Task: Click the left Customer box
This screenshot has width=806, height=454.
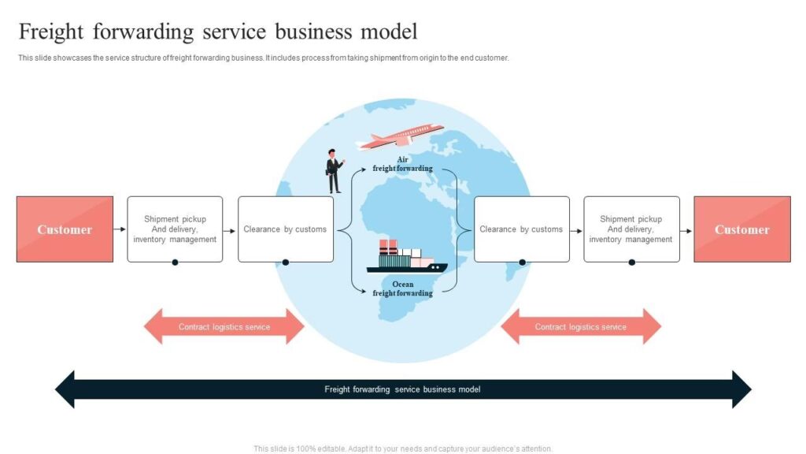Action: point(65,229)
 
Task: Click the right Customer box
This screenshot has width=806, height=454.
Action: point(741,229)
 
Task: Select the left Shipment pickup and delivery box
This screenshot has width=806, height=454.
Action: point(175,229)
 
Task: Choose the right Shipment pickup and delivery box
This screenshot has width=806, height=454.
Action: point(631,229)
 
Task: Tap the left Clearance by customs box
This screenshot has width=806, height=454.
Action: point(285,229)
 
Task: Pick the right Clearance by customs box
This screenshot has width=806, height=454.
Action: point(521,229)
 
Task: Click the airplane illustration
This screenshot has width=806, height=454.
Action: point(401,137)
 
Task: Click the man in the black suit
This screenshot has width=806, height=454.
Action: point(335,171)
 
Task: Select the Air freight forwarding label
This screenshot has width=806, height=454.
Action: point(402,164)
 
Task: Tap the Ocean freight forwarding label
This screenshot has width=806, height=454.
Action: point(402,288)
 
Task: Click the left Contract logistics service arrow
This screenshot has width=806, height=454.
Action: point(224,326)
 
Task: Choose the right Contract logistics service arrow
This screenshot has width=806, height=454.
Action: point(581,326)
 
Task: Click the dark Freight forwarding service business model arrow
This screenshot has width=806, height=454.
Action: point(403,389)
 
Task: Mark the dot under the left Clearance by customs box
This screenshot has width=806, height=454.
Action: point(286,262)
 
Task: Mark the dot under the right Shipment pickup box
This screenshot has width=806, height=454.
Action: point(631,262)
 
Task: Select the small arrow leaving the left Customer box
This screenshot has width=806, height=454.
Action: point(120,229)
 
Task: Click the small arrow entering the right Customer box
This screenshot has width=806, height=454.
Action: point(686,230)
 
